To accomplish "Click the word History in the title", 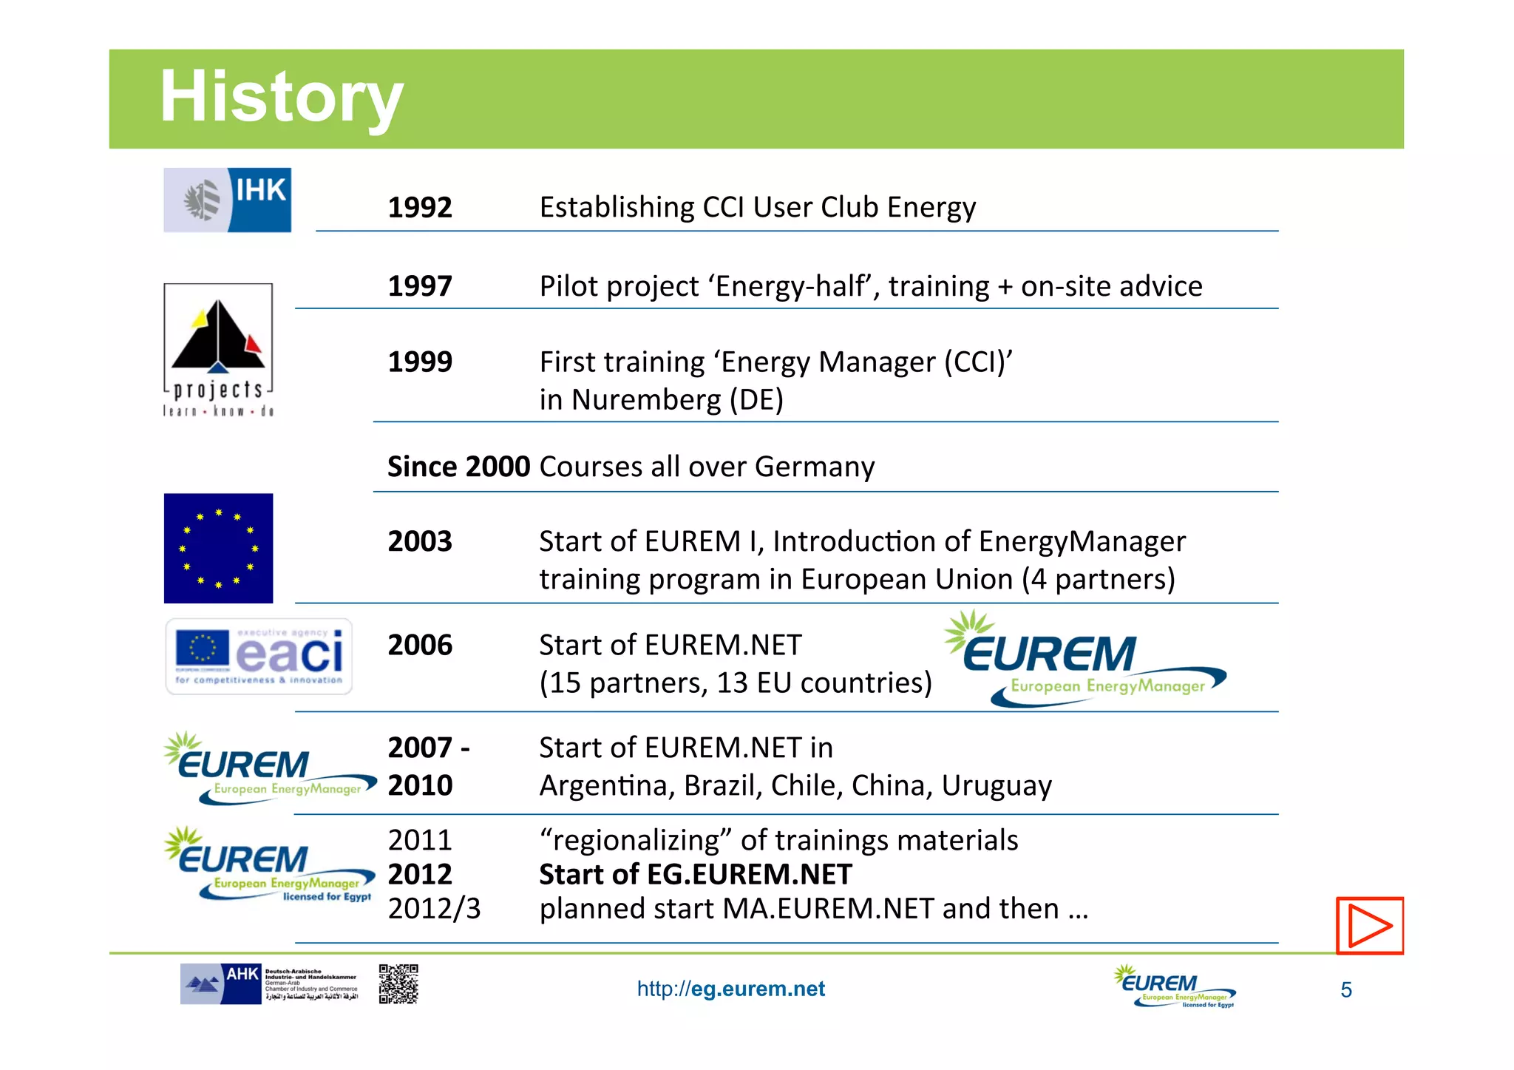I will pos(281,97).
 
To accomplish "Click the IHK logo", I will pos(227,200).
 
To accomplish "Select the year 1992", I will pos(419,207).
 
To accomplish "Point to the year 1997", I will pos(419,286).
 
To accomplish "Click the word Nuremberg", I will pos(645,400).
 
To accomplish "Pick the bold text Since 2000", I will pos(458,467).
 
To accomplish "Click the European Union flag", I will pos(218,548).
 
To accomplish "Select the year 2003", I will pos(419,541).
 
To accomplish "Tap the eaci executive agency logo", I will pos(259,656).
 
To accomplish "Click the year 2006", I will pos(419,645).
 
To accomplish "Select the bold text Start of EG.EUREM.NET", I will pos(695,875).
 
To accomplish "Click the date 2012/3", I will pos(434,909).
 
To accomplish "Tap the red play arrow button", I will pos(1369,926).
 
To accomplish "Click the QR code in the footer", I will pos(398,984).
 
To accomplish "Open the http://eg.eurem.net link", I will pos(730,989).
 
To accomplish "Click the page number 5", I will pos(1345,990).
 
